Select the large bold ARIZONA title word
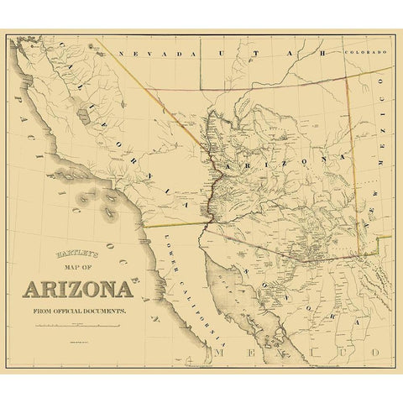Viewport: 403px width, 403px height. pyautogui.click(x=77, y=290)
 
